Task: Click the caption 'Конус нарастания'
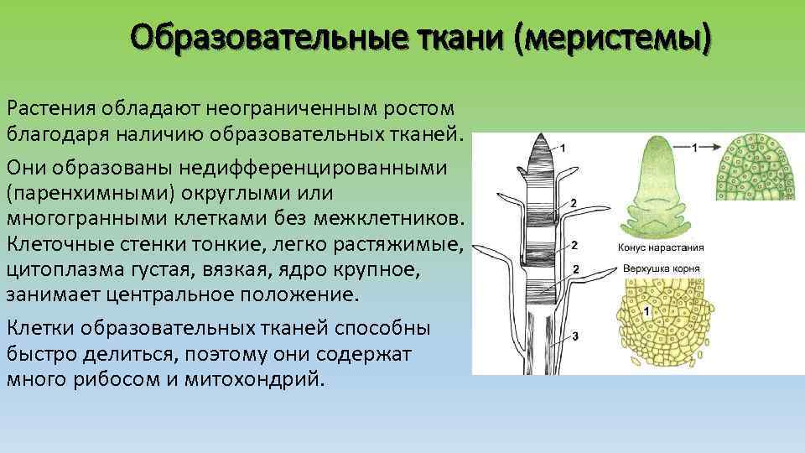point(661,248)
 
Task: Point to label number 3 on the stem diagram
point(574,336)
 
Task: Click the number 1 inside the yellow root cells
point(645,311)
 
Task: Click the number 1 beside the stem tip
point(562,148)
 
